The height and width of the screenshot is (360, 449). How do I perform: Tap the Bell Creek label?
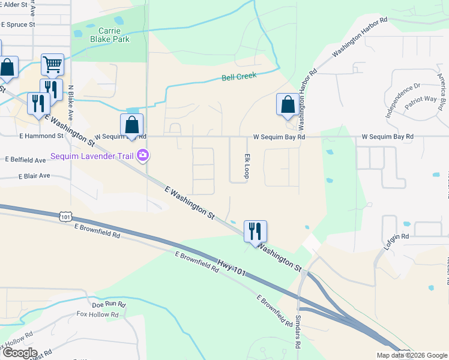(x=239, y=76)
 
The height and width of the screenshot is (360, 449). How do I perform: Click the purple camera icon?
(x=142, y=156)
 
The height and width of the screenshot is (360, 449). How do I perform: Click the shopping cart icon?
(x=53, y=64)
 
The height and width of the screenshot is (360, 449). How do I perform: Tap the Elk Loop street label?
(x=246, y=166)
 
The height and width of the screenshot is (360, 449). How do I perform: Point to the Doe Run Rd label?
(x=109, y=304)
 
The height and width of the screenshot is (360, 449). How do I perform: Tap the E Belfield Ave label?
(x=25, y=160)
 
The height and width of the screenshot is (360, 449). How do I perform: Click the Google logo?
(x=19, y=353)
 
